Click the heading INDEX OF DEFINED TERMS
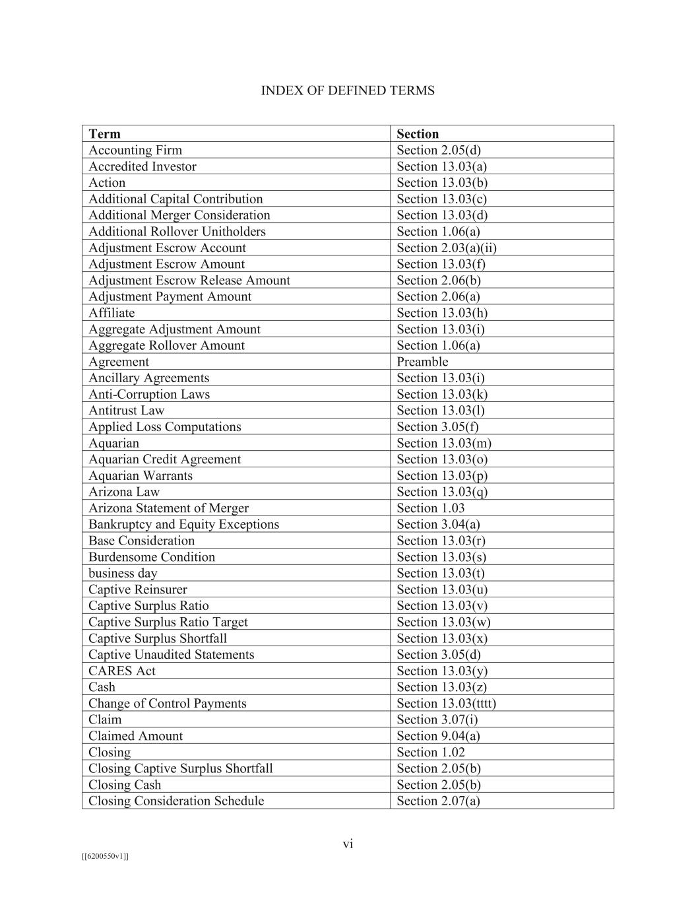pos(348,90)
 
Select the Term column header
pos(104,134)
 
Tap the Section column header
pos(418,134)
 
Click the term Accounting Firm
pos(135,150)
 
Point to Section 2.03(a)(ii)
pos(447,248)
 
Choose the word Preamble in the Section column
pos(422,362)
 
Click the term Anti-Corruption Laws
pos(149,395)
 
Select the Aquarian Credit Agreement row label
pos(164,459)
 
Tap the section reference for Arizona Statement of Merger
pos(430,508)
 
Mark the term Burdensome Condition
pos(152,557)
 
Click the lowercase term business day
pos(123,574)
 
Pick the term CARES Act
pos(122,671)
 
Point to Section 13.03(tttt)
pos(446,704)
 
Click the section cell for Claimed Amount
pos(438,736)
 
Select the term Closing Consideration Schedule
pos(176,801)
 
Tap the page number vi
pos(348,844)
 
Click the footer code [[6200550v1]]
pos(105,857)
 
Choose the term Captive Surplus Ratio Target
pos(168,622)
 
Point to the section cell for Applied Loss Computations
pos(437,427)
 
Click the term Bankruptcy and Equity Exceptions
pos(183,525)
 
